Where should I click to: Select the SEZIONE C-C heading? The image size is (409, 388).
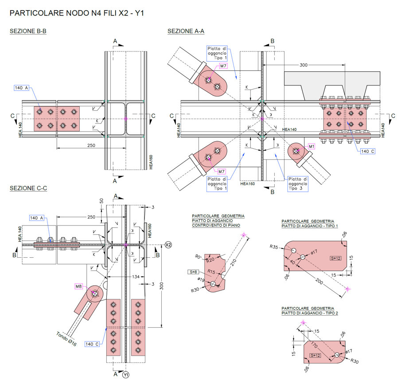point(28,189)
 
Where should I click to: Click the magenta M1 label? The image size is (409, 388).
point(312,146)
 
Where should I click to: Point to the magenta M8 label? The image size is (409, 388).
point(79,287)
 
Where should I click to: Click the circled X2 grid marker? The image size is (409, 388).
point(168,244)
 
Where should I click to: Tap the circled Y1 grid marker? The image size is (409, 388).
point(126,375)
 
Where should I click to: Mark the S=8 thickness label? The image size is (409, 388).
point(193,272)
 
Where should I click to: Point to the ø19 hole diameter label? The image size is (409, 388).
point(200,279)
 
